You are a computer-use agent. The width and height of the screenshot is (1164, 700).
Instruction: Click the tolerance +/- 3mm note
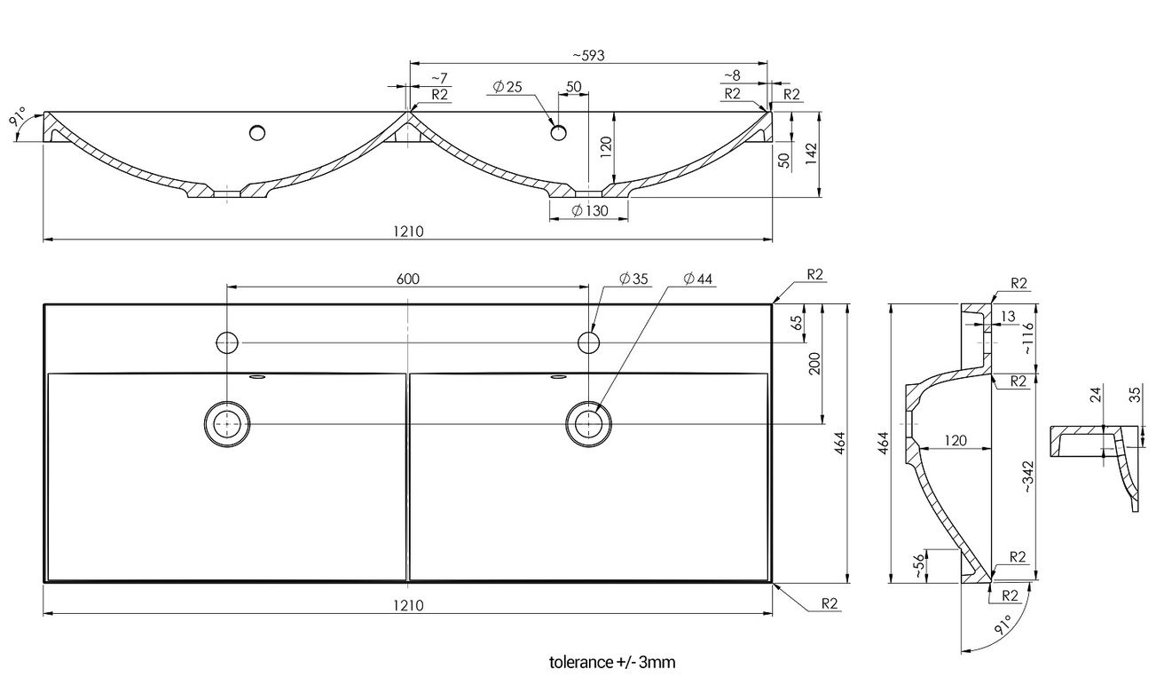(612, 662)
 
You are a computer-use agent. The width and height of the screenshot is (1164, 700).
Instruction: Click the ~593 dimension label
(589, 55)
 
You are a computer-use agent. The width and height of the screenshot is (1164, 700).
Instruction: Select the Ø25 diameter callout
(507, 86)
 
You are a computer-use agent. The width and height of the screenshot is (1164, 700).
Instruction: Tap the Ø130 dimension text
(590, 210)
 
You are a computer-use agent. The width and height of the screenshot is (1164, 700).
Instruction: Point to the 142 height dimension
(811, 154)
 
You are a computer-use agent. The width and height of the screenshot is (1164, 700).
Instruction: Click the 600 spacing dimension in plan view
(408, 279)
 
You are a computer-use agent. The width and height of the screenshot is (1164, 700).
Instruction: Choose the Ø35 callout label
(633, 279)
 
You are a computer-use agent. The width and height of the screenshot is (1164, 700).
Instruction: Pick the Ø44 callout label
(697, 279)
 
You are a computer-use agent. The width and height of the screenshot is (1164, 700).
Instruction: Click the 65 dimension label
(797, 323)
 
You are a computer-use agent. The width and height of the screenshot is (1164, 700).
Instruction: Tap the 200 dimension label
(814, 363)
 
